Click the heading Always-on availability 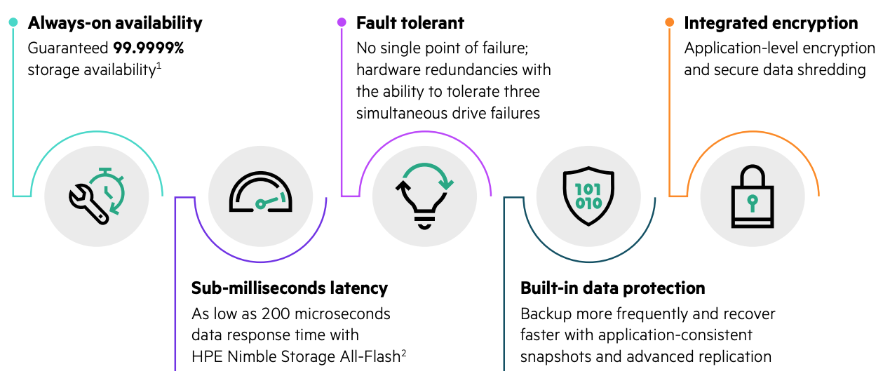(x=115, y=23)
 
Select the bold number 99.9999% (x=148, y=48)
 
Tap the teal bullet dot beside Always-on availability (x=13, y=22)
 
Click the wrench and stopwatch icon (x=97, y=195)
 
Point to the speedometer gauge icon (x=260, y=194)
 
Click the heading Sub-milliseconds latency (x=289, y=288)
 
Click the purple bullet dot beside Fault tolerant (x=342, y=22)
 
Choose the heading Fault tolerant (x=410, y=23)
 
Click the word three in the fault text (x=519, y=91)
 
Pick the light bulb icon (x=424, y=194)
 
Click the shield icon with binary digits (x=588, y=194)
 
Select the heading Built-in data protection (x=612, y=288)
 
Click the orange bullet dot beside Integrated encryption (x=670, y=22)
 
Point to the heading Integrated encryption (x=771, y=23)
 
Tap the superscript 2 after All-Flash (x=404, y=352)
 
